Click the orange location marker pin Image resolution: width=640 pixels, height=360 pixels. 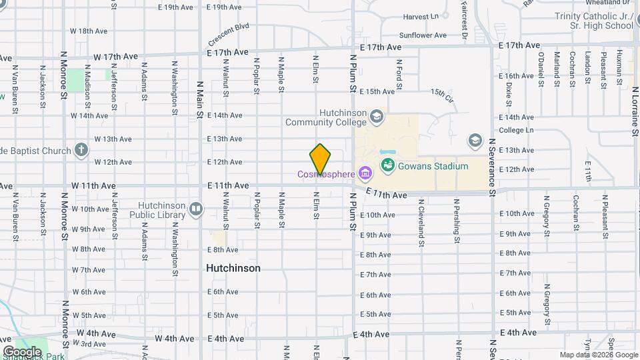click(x=320, y=159)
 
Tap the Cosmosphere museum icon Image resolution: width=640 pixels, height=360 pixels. click(x=364, y=175)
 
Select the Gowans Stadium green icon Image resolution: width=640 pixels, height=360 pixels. click(x=387, y=164)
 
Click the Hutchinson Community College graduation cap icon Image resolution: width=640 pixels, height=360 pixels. click(x=377, y=117)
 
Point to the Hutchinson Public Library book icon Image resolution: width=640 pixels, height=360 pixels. click(x=195, y=209)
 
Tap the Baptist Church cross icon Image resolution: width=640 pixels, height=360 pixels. click(x=81, y=149)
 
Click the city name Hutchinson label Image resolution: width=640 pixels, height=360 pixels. click(x=233, y=268)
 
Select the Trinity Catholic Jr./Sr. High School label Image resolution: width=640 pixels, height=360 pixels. click(x=593, y=21)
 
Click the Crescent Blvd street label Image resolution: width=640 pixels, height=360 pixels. click(x=228, y=32)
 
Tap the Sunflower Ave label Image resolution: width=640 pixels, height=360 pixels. click(x=423, y=35)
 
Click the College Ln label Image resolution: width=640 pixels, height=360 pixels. click(x=517, y=130)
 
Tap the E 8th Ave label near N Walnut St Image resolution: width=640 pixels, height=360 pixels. click(x=223, y=250)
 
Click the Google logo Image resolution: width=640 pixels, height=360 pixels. click(x=22, y=351)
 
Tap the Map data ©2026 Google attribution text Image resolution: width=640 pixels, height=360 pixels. click(x=597, y=355)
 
